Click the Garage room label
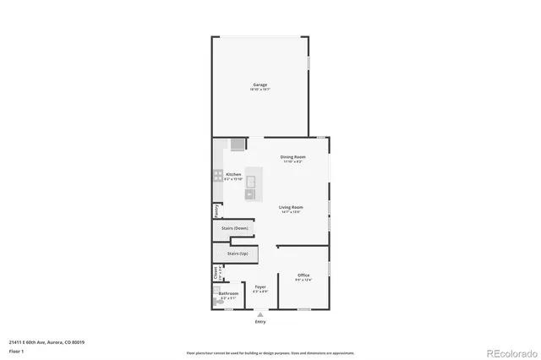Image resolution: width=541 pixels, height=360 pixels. pos(260,85)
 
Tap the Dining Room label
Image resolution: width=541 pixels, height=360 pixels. pos(292,157)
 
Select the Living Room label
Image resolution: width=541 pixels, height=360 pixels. pos(291,207)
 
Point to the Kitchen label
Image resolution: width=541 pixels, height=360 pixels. pos(233,175)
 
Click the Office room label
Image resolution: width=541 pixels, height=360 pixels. pos(303,275)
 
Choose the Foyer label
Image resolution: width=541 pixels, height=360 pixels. pos(260,287)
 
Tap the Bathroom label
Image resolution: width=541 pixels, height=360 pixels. pos(228,294)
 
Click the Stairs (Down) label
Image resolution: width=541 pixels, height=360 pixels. pos(235,228)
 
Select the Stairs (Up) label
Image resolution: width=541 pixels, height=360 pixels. pos(238,253)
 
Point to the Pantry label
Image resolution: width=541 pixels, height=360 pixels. pos(216,210)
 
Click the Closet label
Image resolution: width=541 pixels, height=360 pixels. pos(216,272)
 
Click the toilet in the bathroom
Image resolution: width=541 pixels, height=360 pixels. pos(216,301)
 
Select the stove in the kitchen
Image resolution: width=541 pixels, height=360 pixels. pos(217,177)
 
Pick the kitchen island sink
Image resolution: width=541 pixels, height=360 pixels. pos(251,194)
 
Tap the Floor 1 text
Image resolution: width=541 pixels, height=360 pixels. pos(16,350)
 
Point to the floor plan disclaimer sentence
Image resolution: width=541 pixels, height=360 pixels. pos(271,352)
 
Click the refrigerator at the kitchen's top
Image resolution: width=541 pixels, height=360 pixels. pos(238,144)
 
